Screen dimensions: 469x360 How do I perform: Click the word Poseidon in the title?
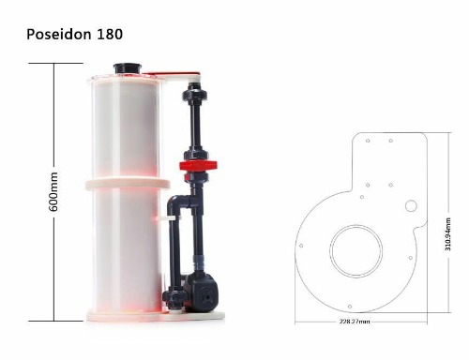[59, 34]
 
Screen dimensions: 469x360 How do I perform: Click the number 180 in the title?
[110, 34]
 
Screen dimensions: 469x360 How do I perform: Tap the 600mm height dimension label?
[53, 191]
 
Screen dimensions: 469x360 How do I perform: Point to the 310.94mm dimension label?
[447, 234]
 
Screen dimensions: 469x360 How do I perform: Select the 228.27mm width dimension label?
[355, 321]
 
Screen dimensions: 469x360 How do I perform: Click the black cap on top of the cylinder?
[128, 68]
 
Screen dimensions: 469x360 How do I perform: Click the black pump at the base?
[201, 292]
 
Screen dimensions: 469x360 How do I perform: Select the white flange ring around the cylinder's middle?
[128, 184]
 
